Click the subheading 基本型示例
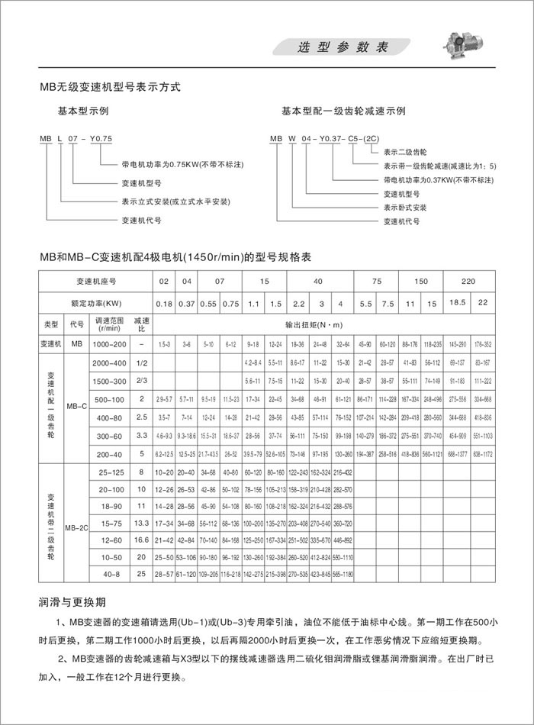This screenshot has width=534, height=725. pyautogui.click(x=84, y=111)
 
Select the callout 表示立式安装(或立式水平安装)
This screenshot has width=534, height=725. pyautogui.click(x=175, y=201)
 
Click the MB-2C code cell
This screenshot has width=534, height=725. pyautogui.click(x=76, y=527)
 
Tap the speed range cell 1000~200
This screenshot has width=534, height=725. pyautogui.click(x=110, y=344)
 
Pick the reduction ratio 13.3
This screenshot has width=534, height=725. pyautogui.click(x=141, y=524)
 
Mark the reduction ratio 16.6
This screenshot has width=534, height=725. pyautogui.click(x=141, y=540)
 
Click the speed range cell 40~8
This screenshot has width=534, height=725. pyautogui.click(x=110, y=572)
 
